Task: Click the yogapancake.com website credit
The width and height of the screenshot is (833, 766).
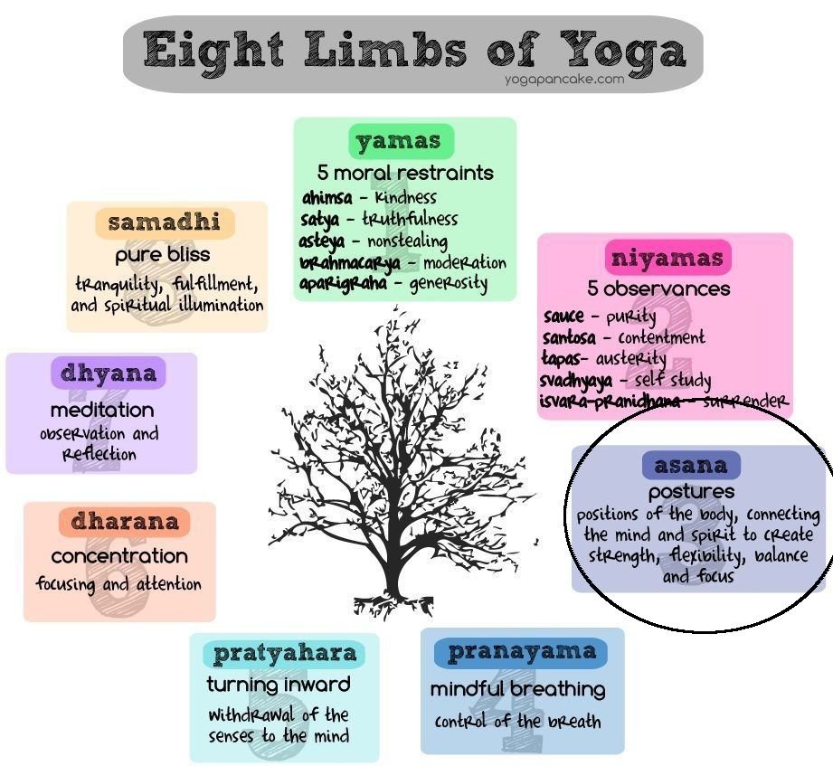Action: (x=564, y=80)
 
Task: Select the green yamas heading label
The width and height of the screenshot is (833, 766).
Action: (x=401, y=141)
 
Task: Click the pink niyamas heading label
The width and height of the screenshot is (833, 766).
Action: (x=667, y=258)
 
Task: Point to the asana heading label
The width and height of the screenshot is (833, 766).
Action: (x=691, y=465)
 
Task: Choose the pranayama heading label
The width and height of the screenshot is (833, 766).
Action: (x=521, y=652)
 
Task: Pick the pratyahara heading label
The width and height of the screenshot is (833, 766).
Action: (x=285, y=653)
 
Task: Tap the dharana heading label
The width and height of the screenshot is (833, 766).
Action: (x=124, y=522)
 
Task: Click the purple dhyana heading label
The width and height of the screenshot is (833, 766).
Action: (x=109, y=373)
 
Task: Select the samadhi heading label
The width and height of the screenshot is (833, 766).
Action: (x=165, y=222)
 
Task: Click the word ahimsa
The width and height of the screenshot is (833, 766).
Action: (x=327, y=198)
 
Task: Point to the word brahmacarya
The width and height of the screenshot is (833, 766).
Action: (x=350, y=263)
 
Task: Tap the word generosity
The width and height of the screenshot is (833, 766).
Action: (x=449, y=283)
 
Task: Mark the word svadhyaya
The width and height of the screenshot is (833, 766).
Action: (x=575, y=381)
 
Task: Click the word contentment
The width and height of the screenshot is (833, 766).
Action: (x=661, y=337)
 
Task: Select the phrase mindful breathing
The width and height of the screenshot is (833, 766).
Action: (x=518, y=689)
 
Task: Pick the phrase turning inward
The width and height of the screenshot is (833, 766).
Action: (x=279, y=685)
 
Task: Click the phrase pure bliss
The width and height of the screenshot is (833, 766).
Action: (x=163, y=255)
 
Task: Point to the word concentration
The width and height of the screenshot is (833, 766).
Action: (x=119, y=556)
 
